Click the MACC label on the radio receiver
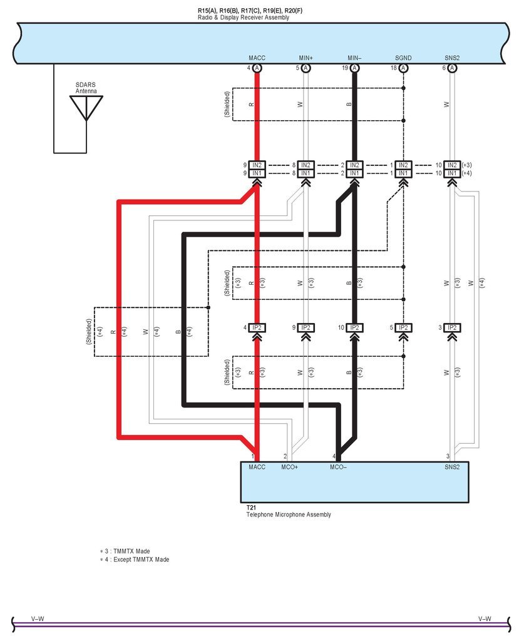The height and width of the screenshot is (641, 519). [x=257, y=58]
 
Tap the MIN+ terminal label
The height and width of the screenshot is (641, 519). [x=306, y=58]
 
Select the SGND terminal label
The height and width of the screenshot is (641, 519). [x=403, y=58]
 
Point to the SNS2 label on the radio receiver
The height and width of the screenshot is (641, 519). [x=452, y=58]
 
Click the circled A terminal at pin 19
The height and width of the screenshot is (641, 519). [x=354, y=68]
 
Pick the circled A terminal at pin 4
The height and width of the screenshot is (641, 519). [x=257, y=68]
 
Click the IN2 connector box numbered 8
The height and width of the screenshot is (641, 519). [x=306, y=165]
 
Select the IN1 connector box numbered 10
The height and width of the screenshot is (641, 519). [x=452, y=173]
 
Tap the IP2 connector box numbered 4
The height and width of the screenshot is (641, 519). [x=257, y=327]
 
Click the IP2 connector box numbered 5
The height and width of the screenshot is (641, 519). [x=403, y=327]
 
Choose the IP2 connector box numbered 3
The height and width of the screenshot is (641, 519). [x=452, y=327]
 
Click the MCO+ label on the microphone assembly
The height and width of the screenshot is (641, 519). [x=290, y=467]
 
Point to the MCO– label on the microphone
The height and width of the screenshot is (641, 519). [x=338, y=467]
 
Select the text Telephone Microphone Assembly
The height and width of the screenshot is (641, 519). [x=289, y=515]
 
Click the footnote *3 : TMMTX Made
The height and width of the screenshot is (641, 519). [x=125, y=551]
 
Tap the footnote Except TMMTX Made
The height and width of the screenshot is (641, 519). [x=141, y=559]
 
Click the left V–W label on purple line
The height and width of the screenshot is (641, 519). [x=38, y=619]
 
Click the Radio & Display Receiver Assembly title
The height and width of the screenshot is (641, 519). [x=244, y=18]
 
